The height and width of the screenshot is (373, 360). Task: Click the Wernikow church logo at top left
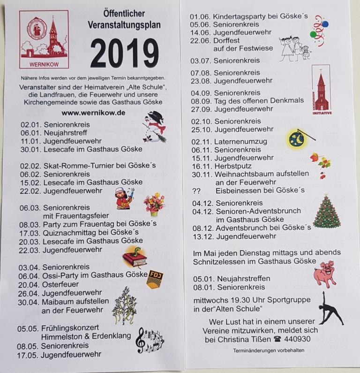coord(44,40)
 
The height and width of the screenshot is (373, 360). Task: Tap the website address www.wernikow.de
coord(93,113)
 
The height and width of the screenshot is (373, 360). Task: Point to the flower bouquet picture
coord(154,203)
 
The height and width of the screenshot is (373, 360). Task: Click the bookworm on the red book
coord(135,256)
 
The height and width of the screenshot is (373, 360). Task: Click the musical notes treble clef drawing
coord(149,340)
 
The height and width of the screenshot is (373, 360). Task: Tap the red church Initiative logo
coord(321,90)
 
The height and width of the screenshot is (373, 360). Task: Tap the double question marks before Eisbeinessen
coord(197,190)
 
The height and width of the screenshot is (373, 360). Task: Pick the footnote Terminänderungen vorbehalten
coord(269,350)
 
